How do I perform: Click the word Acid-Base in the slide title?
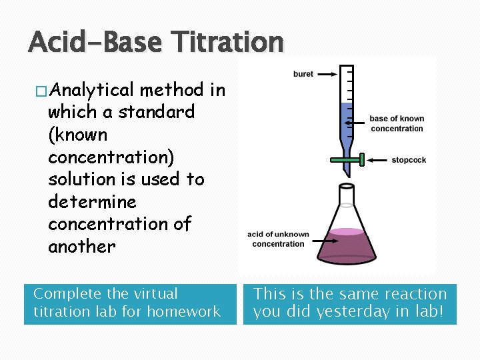point(94,43)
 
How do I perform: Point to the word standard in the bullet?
point(157,112)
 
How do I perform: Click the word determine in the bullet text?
point(92,202)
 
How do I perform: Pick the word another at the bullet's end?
point(81,247)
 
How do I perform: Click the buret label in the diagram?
point(303,74)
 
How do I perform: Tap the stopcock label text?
point(409,160)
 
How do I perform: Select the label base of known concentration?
point(396,123)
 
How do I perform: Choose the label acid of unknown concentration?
point(278,239)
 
